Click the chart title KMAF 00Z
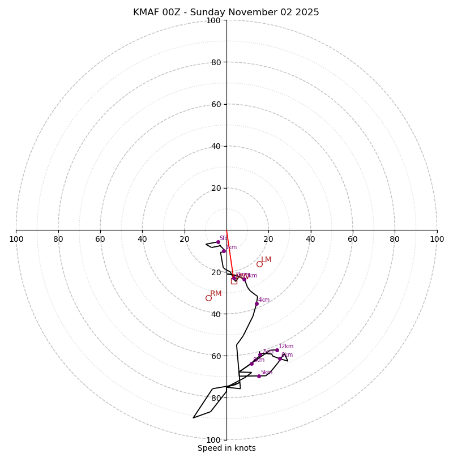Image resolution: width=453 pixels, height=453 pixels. coord(226,12)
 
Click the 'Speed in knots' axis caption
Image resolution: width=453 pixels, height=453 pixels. coord(226,448)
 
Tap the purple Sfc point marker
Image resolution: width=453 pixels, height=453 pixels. coord(218,242)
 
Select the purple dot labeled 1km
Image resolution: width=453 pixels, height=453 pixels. coord(224,251)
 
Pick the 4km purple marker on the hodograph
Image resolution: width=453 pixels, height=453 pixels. coord(257,304)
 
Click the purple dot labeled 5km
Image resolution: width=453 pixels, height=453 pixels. coord(259,376)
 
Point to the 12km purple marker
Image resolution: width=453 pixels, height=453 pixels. coord(277,350)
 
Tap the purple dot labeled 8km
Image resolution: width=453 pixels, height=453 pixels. coord(280,358)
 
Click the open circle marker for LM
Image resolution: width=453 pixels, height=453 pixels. coord(259,264)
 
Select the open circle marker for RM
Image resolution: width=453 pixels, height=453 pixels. coord(208,298)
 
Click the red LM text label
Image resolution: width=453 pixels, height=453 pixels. coord(266,260)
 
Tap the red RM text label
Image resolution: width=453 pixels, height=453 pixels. coord(216,293)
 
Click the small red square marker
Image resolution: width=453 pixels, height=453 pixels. coord(234,280)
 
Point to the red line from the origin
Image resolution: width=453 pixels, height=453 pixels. coord(229,252)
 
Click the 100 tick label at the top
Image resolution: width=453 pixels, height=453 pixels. coord(213,20)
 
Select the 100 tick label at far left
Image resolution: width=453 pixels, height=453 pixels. coord(16,239)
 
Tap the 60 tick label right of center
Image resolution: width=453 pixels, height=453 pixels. coord(352,239)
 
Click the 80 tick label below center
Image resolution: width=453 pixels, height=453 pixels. coord(216,398)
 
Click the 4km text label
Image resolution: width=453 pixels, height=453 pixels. coord(264,300)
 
